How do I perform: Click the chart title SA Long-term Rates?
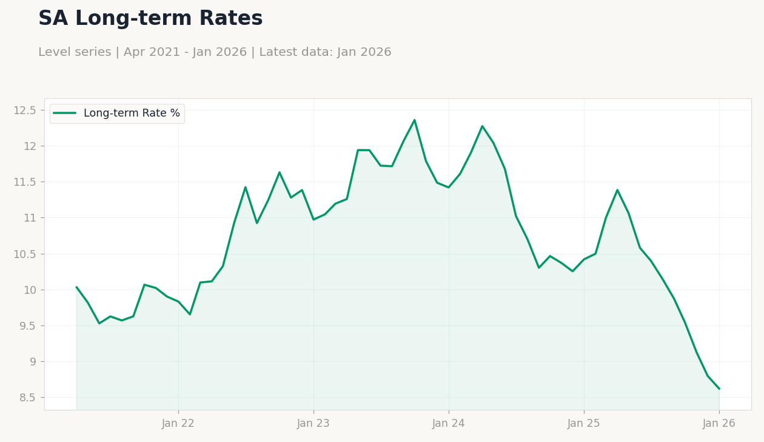150,18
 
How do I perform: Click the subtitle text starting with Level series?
215,52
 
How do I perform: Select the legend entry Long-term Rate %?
117,113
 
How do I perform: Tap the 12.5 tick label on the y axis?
24,110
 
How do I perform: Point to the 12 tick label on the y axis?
30,146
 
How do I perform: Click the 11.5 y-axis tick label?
24,182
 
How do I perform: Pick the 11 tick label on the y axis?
30,218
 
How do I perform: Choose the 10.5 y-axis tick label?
24,254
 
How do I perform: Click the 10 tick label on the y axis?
30,290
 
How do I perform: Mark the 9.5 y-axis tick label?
27,326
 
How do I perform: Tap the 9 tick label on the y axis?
33,362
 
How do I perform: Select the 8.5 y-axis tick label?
27,398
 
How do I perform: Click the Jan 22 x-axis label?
178,424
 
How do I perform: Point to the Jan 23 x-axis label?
313,424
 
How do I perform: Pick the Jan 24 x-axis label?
449,424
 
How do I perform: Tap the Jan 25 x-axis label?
583,424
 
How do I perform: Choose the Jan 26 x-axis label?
719,424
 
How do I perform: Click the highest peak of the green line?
414,120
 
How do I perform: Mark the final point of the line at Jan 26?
719,389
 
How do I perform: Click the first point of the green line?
76,287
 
